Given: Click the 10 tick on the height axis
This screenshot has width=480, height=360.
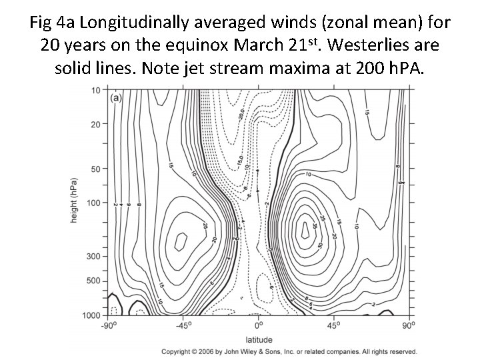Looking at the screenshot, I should (96, 90).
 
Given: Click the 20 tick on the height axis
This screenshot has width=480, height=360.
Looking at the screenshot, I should (96, 124).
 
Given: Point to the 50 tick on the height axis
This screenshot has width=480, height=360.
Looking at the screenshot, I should (96, 169).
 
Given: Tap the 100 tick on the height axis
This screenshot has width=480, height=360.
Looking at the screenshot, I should (94, 202).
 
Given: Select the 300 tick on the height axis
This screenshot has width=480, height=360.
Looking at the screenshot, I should (94, 256).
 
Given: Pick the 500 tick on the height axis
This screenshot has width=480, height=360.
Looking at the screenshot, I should (94, 281).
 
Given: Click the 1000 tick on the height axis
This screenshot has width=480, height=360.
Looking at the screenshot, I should (93, 315).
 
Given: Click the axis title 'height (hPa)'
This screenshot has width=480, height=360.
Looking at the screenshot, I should (74, 200).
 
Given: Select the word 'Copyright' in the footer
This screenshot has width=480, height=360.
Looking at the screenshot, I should (178, 351).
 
